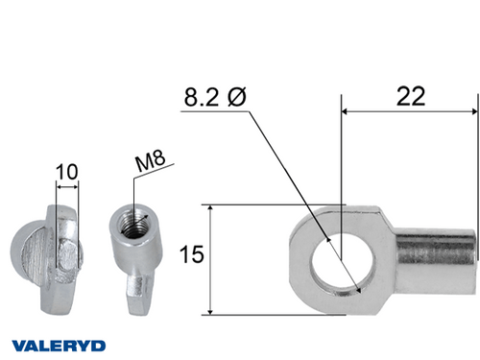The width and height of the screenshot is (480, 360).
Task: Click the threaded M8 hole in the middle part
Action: [129, 226]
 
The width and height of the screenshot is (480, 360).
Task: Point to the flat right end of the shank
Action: [475, 252]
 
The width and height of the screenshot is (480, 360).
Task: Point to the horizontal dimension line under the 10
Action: [67, 186]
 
